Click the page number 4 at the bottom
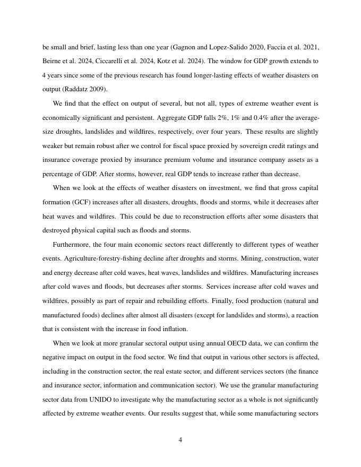click(180, 440)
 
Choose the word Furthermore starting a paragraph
click(71, 245)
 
